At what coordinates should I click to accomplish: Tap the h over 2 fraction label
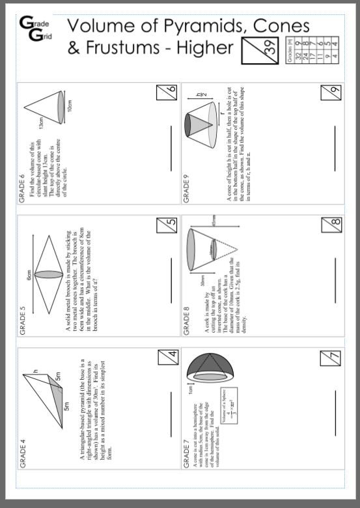pyautogui.click(x=201, y=95)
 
